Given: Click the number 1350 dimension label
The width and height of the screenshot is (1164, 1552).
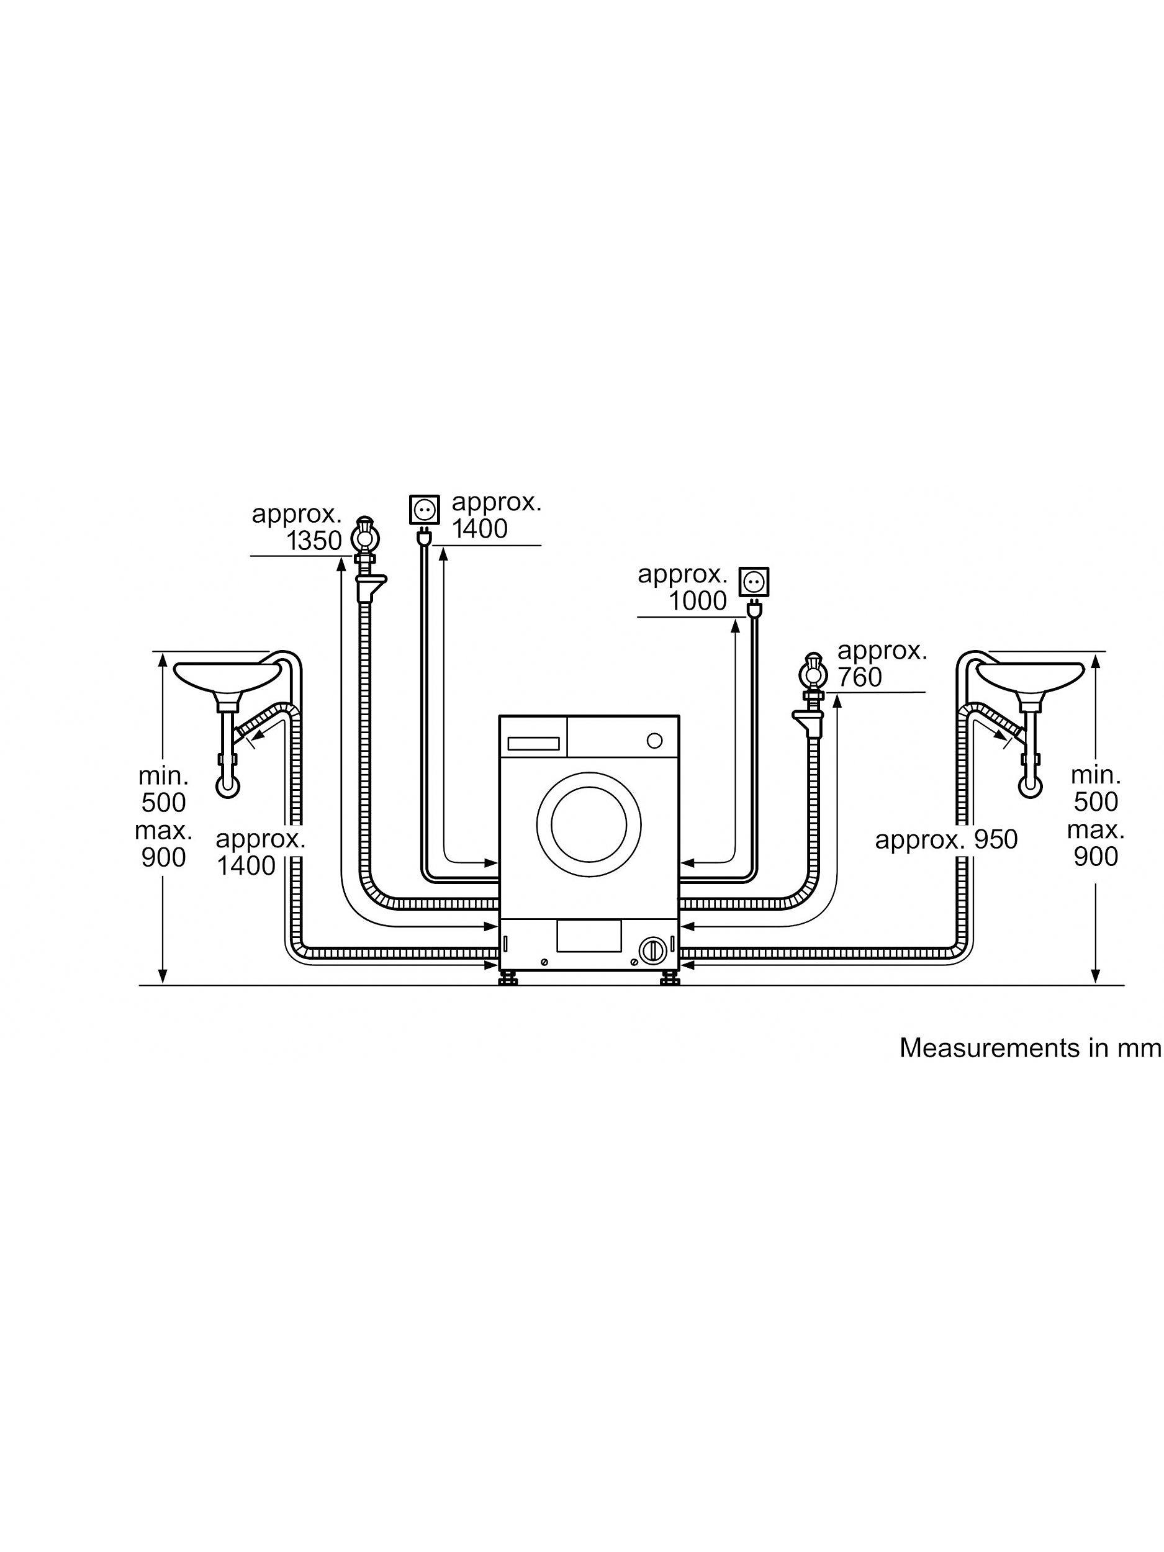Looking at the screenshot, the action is (314, 540).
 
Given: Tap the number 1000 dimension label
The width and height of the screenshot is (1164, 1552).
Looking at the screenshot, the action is (697, 602).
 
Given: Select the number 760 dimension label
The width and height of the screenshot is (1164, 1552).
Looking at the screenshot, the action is (859, 677).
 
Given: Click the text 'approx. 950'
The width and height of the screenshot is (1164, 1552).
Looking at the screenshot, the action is (946, 840).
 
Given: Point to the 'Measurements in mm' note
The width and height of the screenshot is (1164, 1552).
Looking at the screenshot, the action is (1030, 1047).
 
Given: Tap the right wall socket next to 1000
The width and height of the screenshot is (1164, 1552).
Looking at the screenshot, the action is (754, 582).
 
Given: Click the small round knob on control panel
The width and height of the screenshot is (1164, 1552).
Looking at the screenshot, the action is (654, 741).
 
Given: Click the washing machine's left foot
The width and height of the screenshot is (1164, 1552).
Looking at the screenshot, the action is (508, 979).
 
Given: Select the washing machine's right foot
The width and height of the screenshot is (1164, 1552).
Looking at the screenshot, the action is (669, 979).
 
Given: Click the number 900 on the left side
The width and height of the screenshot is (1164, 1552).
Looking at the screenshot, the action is (163, 857).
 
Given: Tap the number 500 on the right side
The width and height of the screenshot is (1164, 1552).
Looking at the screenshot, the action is (1095, 802).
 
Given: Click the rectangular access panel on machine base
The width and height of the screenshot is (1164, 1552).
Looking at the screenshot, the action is (589, 937).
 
